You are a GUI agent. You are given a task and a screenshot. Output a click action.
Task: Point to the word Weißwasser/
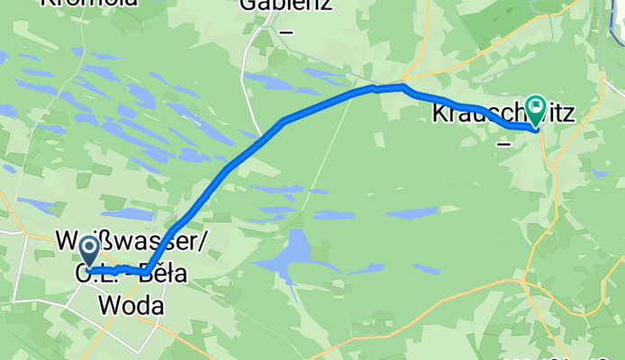point(133,243)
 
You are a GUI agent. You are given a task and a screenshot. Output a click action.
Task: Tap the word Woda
point(132,306)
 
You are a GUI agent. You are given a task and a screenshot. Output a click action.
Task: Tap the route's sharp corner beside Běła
point(146,271)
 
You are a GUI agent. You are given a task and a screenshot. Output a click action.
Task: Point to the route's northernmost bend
point(402,86)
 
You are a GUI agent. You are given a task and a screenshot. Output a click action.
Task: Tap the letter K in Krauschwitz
point(439,113)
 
